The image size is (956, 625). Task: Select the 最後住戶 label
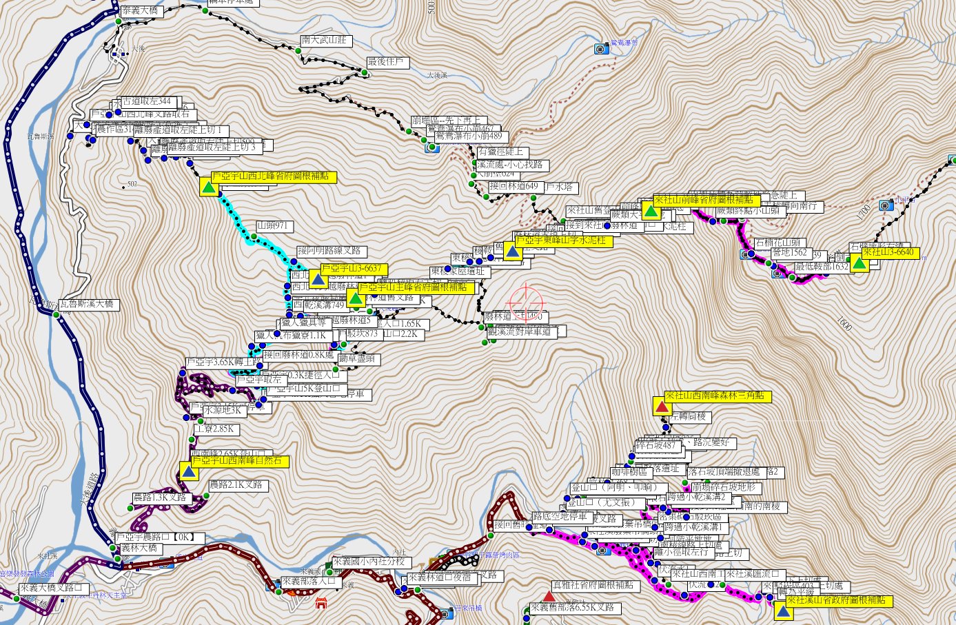coord(387,62)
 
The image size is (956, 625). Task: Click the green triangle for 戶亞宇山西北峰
coord(208,187)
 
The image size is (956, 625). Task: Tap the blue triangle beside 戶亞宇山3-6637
coord(317,279)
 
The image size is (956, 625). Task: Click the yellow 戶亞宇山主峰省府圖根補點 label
coord(416,287)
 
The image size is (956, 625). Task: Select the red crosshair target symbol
coord(525,301)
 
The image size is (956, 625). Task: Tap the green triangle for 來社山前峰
coord(650,210)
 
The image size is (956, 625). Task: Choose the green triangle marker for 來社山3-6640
coord(859,263)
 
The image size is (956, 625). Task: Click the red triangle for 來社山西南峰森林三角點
coord(662,407)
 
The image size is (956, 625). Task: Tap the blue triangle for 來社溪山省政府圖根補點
coord(782,611)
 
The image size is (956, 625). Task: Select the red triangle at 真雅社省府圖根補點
coord(548,596)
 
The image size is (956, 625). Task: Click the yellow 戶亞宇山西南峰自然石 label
coord(240,460)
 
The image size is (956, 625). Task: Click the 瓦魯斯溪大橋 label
coord(90,304)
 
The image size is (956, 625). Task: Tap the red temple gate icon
coord(321,604)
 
